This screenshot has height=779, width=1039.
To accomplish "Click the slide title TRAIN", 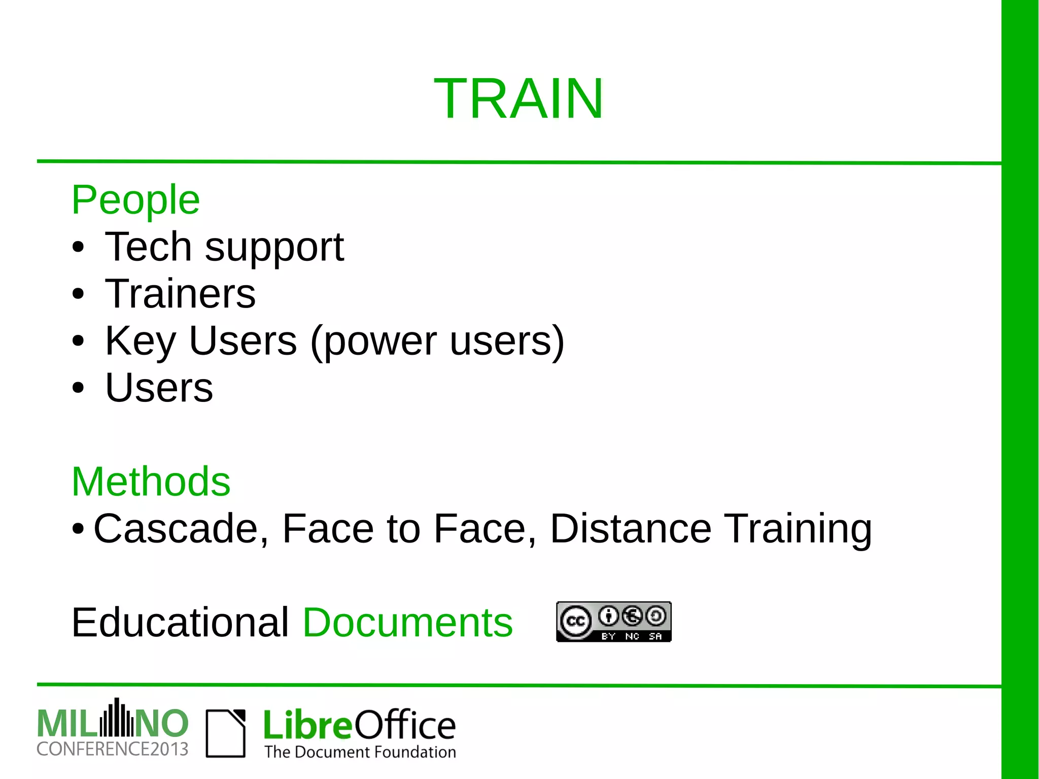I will (x=518, y=98).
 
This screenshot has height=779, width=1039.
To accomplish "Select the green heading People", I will (x=135, y=200).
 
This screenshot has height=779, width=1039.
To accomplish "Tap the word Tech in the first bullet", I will (x=148, y=247).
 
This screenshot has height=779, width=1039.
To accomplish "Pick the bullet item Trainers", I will (x=180, y=294).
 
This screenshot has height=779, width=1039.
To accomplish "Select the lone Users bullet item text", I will (x=159, y=388).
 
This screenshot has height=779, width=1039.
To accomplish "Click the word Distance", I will (x=631, y=529).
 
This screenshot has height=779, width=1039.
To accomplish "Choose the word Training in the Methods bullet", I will (x=798, y=530).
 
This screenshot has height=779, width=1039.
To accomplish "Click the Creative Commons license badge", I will (x=613, y=622).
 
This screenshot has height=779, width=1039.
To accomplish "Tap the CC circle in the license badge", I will (x=575, y=621).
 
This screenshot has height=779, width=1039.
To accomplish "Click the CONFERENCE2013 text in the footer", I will (x=112, y=749).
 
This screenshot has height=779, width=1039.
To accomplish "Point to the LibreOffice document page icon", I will (x=226, y=733).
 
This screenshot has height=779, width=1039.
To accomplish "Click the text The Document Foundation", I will (x=360, y=752).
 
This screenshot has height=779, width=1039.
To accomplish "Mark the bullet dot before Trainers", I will (x=78, y=294).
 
